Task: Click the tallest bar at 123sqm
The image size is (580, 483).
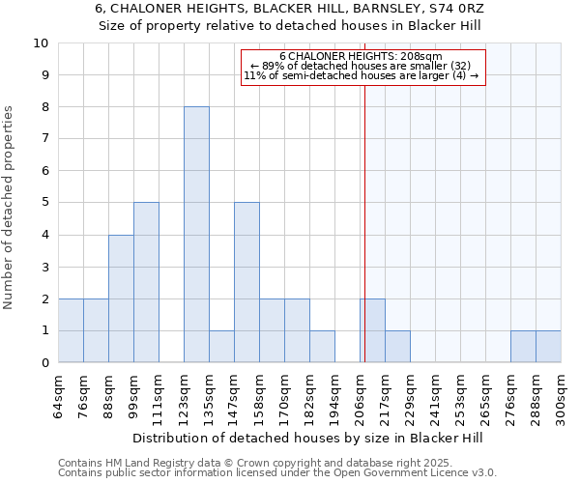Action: point(196,235)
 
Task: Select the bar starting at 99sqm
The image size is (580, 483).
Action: point(146,282)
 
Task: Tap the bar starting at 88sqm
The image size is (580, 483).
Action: point(121,298)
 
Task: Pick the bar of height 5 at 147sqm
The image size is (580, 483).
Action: point(246,282)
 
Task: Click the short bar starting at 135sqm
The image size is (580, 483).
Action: point(221,347)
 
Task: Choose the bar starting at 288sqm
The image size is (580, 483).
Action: point(548,347)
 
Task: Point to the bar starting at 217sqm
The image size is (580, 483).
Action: point(397,347)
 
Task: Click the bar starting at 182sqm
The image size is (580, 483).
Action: point(322,347)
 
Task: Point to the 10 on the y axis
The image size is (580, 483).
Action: point(41,43)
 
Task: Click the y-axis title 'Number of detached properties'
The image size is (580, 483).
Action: point(10,209)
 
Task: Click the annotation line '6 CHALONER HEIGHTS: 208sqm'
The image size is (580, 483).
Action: point(361,56)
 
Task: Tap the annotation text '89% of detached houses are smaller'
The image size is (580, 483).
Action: point(361,66)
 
